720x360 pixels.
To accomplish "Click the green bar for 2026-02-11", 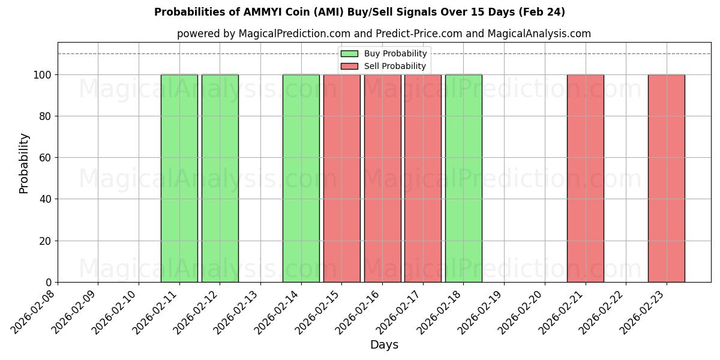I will tap(179, 178).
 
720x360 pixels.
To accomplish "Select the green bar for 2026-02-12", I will tap(220, 178).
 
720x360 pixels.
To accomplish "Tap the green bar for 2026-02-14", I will tap(301, 178).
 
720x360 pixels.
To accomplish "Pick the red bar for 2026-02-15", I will tap(341, 178).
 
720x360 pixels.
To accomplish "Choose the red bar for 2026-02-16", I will tap(382, 178).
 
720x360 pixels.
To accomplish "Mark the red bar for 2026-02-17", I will tap(422, 178).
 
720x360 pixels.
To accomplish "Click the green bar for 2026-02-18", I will tap(463, 178).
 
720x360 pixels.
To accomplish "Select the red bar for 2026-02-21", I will tap(585, 178).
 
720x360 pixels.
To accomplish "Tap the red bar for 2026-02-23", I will tap(666, 178).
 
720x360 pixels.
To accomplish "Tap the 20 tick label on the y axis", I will tap(47, 241).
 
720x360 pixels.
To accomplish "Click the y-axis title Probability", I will tap(24, 163).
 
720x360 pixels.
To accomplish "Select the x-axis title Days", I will tap(384, 345).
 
